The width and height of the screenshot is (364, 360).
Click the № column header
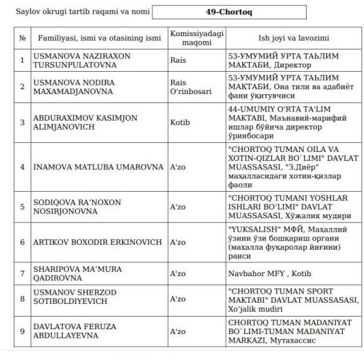coord(22,38)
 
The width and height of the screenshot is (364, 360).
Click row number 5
coord(22,206)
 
